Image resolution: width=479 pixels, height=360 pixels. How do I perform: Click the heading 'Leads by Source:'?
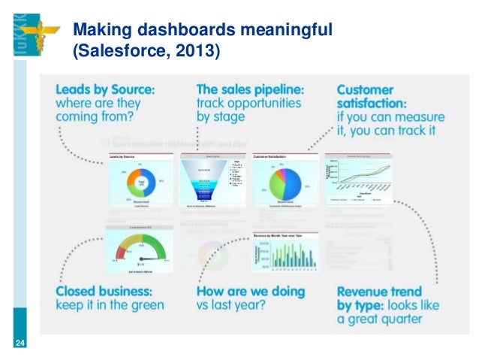click(105, 89)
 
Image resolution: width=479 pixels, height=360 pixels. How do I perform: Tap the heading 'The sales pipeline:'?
click(250, 89)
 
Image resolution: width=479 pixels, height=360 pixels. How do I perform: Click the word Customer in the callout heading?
click(373, 89)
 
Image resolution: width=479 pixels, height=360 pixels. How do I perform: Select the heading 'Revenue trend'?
click(379, 291)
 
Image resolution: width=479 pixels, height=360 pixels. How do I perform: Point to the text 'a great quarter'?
click(379, 319)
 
